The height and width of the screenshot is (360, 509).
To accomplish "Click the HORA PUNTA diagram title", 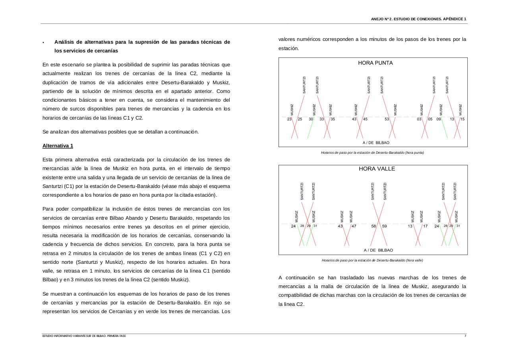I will click(x=375, y=63).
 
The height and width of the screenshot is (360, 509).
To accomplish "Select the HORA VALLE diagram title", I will click(x=377, y=168).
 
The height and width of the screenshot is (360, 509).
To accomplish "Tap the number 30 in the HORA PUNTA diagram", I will click(x=311, y=119).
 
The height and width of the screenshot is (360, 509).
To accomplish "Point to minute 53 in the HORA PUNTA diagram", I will click(x=387, y=119).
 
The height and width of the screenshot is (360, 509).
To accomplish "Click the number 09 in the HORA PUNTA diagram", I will click(x=439, y=119).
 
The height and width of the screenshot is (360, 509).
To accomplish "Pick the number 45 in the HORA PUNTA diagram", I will click(x=365, y=119).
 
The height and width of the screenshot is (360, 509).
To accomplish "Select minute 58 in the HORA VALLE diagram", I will click(x=374, y=226).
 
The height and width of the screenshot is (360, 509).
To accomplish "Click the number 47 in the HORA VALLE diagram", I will click(x=354, y=226).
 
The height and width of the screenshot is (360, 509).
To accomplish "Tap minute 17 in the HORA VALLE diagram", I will click(x=425, y=226).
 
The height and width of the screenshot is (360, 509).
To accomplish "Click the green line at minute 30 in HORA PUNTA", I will click(x=310, y=129).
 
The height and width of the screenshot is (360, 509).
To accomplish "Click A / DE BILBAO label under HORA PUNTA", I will click(x=376, y=143).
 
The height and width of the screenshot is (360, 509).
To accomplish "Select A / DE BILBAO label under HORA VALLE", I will click(x=378, y=250).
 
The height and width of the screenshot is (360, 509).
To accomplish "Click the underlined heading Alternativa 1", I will click(x=58, y=146).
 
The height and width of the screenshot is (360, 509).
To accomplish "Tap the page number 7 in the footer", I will click(x=465, y=336).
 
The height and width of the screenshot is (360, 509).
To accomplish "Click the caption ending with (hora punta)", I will click(x=372, y=153).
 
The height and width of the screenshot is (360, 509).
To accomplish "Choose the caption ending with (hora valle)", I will click(x=372, y=260).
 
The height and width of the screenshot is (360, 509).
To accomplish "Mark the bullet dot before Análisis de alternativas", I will click(x=44, y=43).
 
